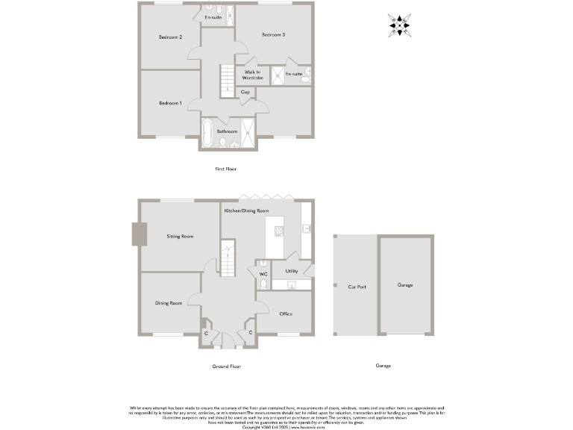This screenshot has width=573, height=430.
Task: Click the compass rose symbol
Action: [401, 25]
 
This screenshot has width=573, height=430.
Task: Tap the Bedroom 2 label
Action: [170, 37]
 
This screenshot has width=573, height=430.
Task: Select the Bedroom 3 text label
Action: [273, 35]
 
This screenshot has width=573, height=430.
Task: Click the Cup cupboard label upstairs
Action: [245, 92]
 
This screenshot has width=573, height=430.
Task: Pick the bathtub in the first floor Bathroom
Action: [207, 132]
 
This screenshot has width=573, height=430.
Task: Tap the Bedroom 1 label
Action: [170, 103]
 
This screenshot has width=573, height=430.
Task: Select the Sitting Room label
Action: [180, 236]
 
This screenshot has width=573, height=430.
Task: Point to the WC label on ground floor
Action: [263, 274]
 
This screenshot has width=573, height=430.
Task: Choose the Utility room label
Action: [292, 271]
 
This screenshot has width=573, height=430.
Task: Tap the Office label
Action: [286, 314]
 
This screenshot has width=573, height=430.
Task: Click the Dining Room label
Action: [169, 303]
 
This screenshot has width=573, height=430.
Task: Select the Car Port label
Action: [357, 286]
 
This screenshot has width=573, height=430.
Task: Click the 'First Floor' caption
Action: [226, 169]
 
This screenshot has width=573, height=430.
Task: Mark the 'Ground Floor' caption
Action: [226, 366]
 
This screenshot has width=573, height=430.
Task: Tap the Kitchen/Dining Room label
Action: [246, 211]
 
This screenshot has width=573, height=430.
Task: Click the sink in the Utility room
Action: [292, 284]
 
